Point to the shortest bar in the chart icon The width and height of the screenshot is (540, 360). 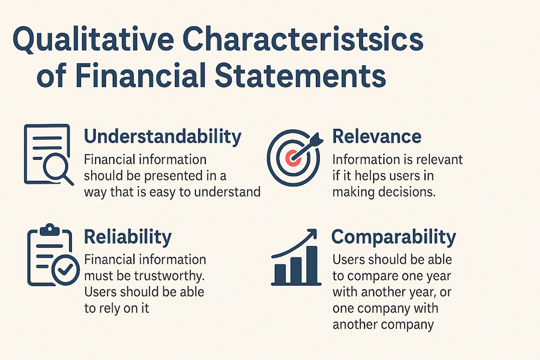click(x=280, y=275)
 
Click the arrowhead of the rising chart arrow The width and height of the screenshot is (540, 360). click(x=312, y=234)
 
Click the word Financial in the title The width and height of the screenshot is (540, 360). click(x=132, y=77)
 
